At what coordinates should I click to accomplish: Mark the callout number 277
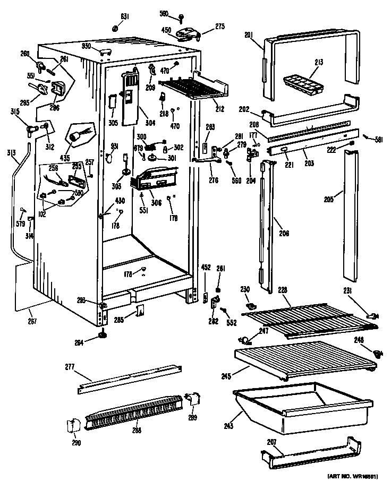point(70,366)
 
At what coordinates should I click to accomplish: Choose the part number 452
point(205,268)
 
